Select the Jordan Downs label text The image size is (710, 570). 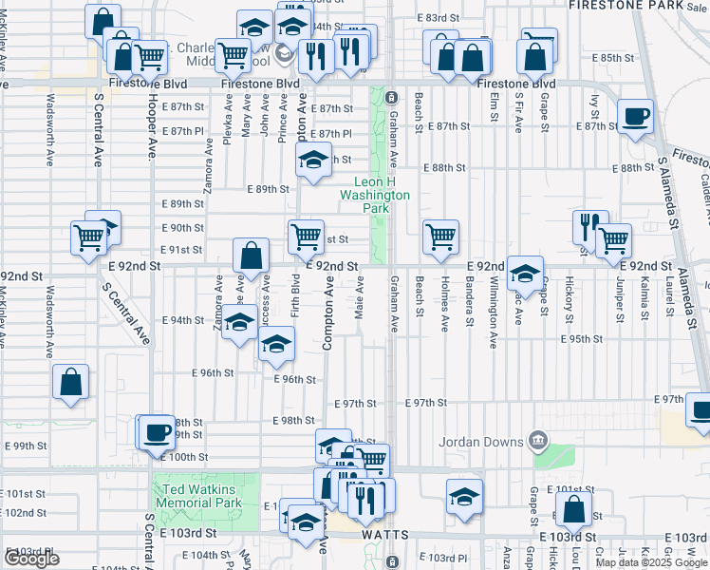[x=481, y=442]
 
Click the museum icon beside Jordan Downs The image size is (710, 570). [x=538, y=439]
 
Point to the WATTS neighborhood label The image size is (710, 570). [x=385, y=536]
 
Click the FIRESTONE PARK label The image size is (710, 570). [x=626, y=5]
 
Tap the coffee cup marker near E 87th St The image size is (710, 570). [x=635, y=117]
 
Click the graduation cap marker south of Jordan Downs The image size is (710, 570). [x=464, y=497]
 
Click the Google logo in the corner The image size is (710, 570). [x=31, y=559]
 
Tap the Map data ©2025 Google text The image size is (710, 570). [x=652, y=562]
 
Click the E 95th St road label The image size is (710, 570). [x=582, y=339]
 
